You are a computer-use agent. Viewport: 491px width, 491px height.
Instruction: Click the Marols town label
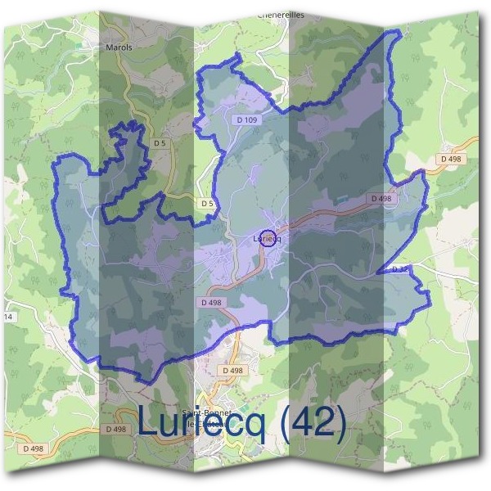coord(119,47)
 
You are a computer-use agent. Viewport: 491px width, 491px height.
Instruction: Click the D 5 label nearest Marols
coord(160,144)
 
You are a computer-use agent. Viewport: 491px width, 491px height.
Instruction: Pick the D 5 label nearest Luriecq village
coord(206,202)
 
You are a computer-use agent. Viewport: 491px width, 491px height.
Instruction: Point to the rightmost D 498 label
coord(450,159)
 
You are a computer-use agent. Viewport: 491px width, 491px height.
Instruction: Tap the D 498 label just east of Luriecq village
coord(381,199)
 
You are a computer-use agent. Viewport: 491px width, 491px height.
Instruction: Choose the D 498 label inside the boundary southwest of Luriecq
coord(210,302)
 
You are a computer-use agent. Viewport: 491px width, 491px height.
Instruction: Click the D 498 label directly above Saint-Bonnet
coord(232,371)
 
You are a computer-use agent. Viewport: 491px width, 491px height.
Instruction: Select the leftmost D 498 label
coord(34,448)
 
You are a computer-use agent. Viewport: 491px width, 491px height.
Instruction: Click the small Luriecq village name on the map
coord(268,239)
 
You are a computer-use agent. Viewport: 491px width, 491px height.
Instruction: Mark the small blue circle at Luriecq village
coord(266,238)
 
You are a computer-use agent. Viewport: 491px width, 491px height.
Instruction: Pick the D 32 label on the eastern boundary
coord(399,268)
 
